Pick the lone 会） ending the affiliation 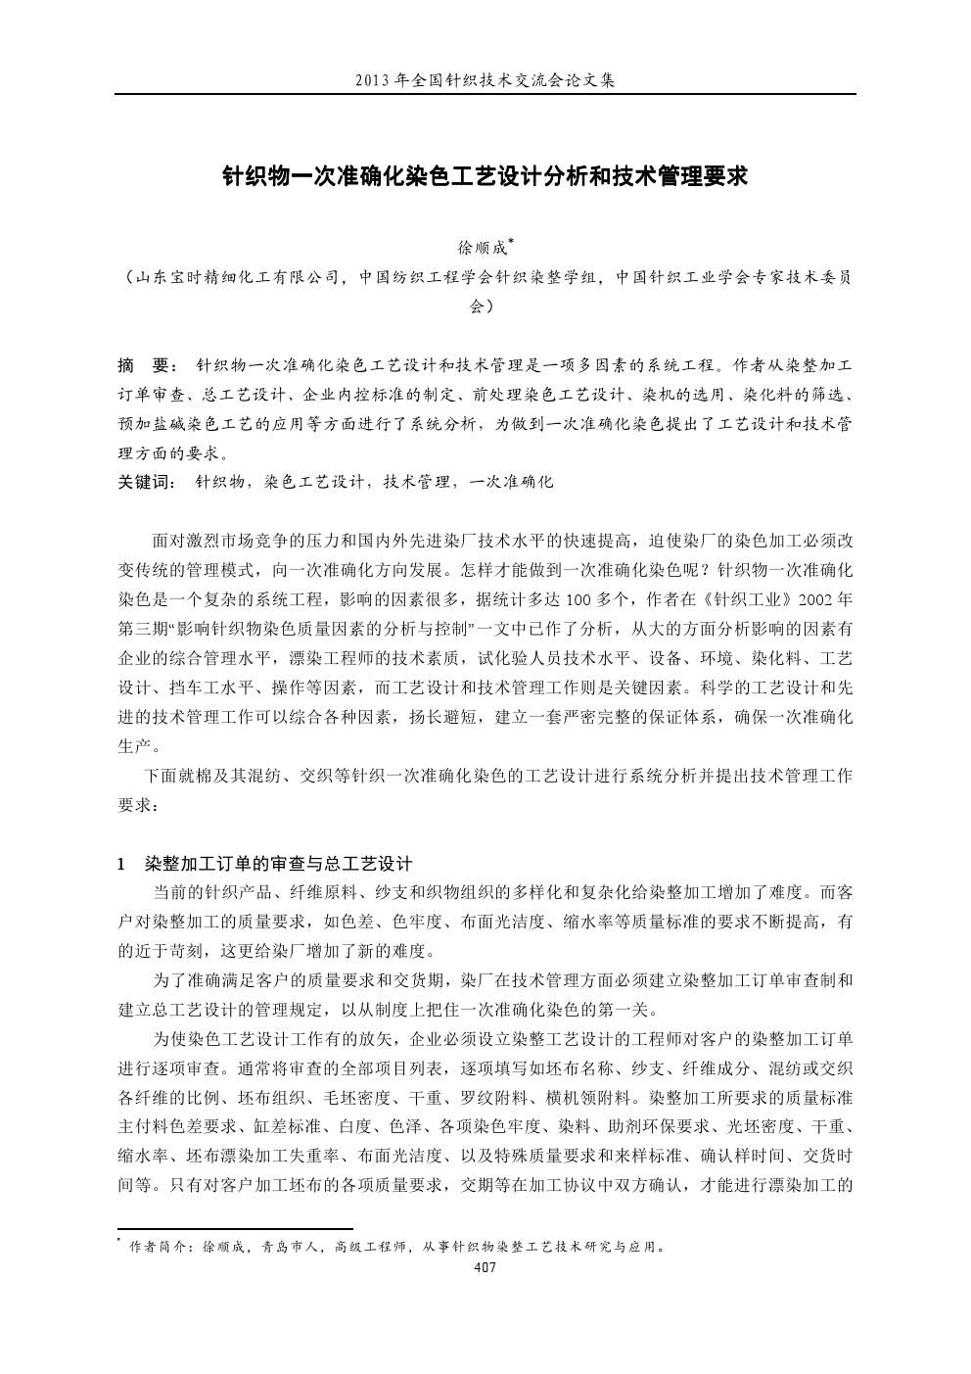coord(485,306)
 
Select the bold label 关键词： coord(147,482)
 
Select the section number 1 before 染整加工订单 coord(121,864)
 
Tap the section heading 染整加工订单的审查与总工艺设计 coord(279,864)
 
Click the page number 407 coord(485,1267)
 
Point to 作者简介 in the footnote coord(158,1248)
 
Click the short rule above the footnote coord(235,1228)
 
